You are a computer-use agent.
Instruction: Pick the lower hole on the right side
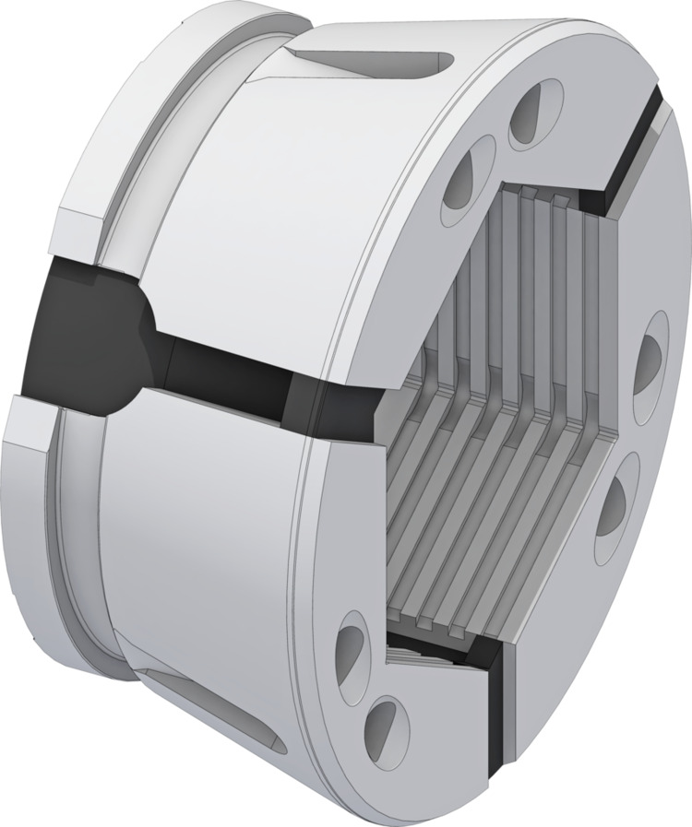pos(614,502)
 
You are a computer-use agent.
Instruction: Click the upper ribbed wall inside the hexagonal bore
pos(517,267)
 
